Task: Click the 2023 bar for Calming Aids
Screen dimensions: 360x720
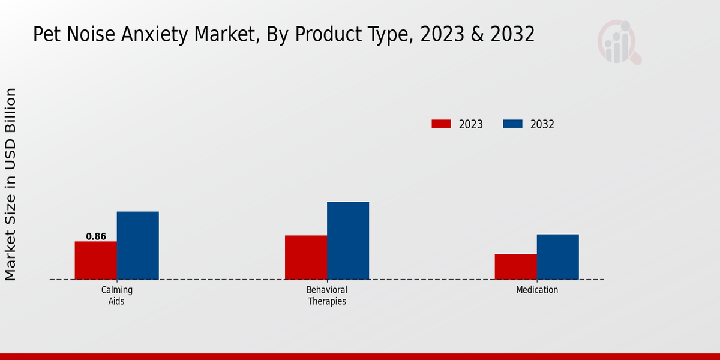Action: click(95, 260)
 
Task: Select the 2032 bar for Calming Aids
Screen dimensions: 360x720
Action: click(137, 245)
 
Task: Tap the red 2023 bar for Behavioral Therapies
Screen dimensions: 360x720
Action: click(305, 257)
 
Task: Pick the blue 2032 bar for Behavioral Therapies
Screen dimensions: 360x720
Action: click(347, 240)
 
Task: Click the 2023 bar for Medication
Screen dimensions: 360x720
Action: click(515, 266)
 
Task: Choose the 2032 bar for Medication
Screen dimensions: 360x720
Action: click(557, 256)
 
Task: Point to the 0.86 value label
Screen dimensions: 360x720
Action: click(96, 236)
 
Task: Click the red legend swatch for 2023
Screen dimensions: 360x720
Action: click(441, 124)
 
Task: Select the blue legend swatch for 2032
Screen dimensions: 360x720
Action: click(512, 124)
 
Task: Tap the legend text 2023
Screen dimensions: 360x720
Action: click(471, 125)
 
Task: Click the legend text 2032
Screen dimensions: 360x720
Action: click(542, 125)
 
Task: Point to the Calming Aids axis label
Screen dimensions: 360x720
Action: click(116, 295)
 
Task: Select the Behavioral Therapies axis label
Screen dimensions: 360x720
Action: click(327, 295)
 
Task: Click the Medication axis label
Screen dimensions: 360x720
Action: click(537, 290)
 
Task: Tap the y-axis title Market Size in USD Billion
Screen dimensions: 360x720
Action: click(11, 184)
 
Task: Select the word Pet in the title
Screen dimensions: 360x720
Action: click(47, 35)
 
